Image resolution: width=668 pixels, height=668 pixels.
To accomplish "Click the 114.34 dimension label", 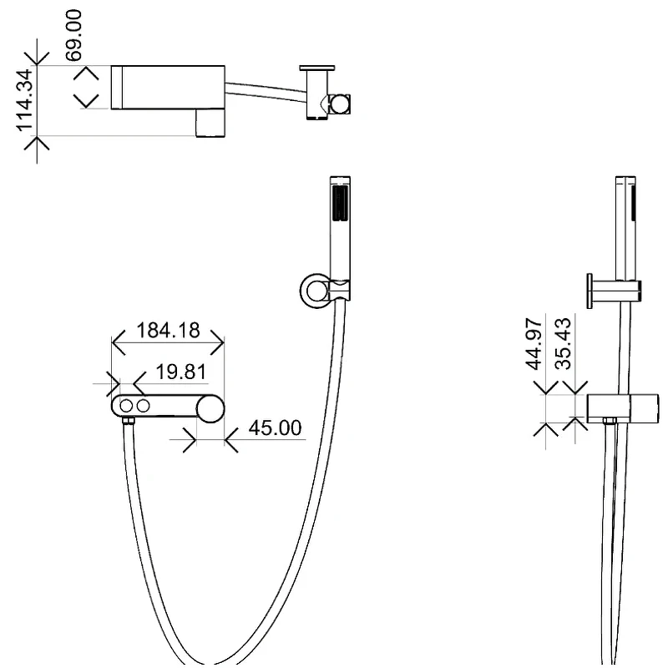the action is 25,99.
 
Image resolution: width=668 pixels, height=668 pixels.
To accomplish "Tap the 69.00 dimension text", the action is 73,36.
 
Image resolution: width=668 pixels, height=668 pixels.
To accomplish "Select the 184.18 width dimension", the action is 168,330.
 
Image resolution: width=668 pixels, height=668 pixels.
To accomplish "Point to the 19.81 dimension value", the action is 181,372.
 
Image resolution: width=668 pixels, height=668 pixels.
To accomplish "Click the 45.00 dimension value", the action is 276,428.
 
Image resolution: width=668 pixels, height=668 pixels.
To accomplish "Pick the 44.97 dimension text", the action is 534,344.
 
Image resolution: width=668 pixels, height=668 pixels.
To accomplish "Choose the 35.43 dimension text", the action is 563,344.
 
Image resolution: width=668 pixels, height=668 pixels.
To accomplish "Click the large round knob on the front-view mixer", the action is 210,409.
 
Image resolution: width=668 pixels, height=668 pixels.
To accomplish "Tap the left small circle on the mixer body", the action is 126,406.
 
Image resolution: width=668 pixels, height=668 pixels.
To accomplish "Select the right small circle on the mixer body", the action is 143,406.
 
